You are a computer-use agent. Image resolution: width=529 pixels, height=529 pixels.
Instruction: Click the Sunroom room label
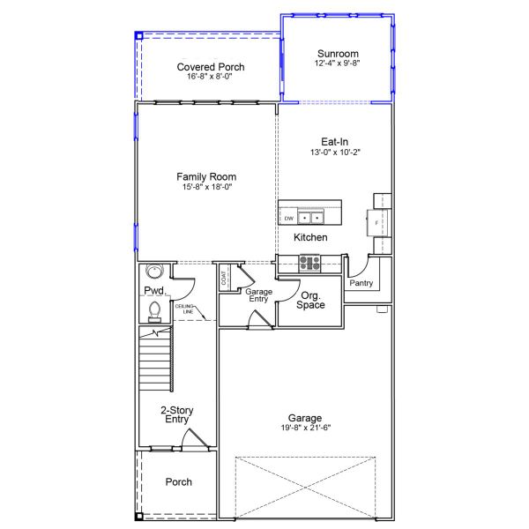[x=338, y=54]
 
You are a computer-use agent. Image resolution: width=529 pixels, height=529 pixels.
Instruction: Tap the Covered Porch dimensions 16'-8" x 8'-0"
[x=210, y=77]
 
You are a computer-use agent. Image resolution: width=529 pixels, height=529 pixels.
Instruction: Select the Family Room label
[x=206, y=177]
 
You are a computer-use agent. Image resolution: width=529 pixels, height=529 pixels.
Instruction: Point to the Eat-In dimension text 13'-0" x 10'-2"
[x=335, y=153]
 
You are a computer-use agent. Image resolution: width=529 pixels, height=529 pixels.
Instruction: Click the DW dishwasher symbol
[x=289, y=219]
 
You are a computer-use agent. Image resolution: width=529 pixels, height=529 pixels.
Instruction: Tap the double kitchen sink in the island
[x=310, y=217]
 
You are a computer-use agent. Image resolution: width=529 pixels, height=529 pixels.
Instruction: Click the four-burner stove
[x=309, y=263]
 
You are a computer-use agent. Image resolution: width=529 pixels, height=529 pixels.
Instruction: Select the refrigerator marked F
[x=377, y=223]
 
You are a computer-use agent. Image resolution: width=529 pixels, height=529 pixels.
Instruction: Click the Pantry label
[x=361, y=283]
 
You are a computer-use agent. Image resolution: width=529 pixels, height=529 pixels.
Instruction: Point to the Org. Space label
[x=310, y=301]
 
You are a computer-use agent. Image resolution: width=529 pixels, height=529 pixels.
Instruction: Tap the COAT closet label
[x=223, y=278]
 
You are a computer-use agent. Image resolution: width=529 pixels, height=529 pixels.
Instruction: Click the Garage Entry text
[x=258, y=295]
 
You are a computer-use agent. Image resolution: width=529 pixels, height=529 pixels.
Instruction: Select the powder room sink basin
[x=154, y=271]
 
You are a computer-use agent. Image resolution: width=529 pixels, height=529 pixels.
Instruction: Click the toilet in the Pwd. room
[x=154, y=312]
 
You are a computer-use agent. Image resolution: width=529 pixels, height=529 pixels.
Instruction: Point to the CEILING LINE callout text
[x=184, y=309]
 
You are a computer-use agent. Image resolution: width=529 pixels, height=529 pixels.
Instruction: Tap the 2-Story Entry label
[x=177, y=414]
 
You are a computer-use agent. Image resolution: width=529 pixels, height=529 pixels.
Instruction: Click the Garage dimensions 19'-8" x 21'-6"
[x=306, y=428]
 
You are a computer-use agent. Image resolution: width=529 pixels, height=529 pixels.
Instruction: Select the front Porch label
[x=178, y=481]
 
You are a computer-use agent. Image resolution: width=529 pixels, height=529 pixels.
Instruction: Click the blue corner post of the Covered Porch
[x=139, y=35]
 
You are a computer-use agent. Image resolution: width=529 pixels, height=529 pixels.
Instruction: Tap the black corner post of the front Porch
[x=139, y=516]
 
